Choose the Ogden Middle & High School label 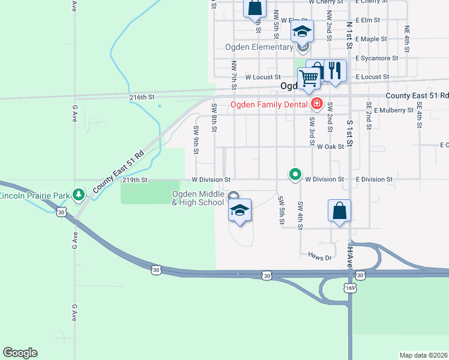click(198, 198)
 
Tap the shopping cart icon click(309, 77)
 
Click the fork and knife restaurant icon click(336, 70)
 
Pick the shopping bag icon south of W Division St click(339, 211)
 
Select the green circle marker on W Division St click(295, 175)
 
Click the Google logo click(20, 353)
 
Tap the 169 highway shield click(350, 288)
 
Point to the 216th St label click(142, 97)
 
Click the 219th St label click(135, 179)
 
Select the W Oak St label click(330, 146)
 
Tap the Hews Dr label click(320, 257)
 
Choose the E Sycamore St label click(376, 58)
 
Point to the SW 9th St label click(196, 139)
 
